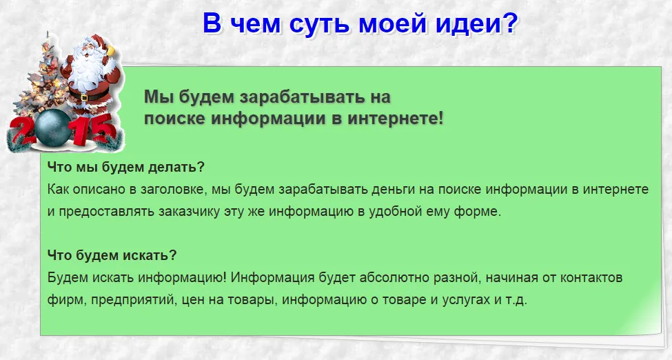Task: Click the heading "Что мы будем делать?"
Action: pos(126,167)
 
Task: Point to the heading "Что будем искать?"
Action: pos(112,255)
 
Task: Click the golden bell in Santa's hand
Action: pos(112,50)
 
